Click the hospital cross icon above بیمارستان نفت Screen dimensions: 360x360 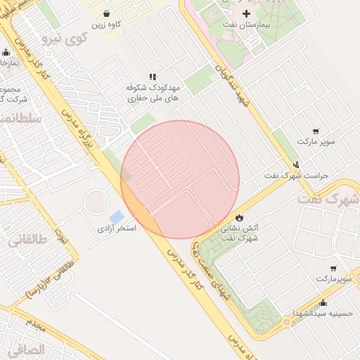[245, 14]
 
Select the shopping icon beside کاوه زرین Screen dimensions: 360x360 [106, 13]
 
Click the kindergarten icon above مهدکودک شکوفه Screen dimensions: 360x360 [152, 77]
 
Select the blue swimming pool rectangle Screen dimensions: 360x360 [116, 216]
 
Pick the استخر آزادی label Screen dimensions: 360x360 [116, 229]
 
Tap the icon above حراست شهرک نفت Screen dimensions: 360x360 [296, 164]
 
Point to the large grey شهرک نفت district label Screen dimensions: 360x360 [328, 199]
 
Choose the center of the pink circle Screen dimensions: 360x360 [180, 179]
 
